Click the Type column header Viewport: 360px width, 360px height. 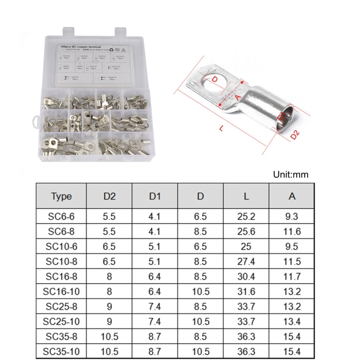[x=61, y=196]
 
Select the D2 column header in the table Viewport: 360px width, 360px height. [x=109, y=196]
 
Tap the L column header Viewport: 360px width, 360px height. [x=246, y=196]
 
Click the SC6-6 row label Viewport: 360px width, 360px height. [x=61, y=216]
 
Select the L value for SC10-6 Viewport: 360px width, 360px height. [x=246, y=246]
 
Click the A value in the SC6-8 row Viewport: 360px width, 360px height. [x=291, y=231]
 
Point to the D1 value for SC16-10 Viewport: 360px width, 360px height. [x=155, y=291]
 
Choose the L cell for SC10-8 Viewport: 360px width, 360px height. [x=246, y=261]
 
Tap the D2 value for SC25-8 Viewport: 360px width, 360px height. [x=109, y=306]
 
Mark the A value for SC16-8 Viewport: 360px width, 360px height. [x=291, y=276]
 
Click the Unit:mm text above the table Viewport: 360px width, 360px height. [x=291, y=174]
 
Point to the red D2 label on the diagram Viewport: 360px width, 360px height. [x=295, y=136]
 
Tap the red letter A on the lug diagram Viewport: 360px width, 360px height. [x=238, y=96]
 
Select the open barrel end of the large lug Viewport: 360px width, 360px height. [x=284, y=118]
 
